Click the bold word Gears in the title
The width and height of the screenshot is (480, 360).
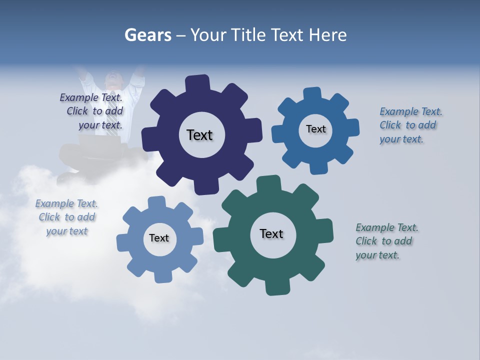click(x=148, y=35)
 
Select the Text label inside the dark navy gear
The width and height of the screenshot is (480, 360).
click(x=199, y=135)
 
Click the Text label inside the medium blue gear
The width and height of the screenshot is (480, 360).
click(x=315, y=129)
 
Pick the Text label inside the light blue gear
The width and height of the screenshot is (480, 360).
click(x=159, y=238)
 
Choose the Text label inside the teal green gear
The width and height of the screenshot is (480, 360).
click(x=271, y=234)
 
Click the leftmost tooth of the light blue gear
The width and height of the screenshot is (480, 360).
click(x=123, y=243)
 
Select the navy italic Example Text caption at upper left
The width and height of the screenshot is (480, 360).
click(x=92, y=111)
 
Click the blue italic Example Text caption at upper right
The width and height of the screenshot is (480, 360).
click(x=410, y=125)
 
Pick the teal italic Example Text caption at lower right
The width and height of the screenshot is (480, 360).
click(x=386, y=241)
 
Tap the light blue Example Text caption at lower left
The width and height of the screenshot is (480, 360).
click(x=66, y=217)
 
